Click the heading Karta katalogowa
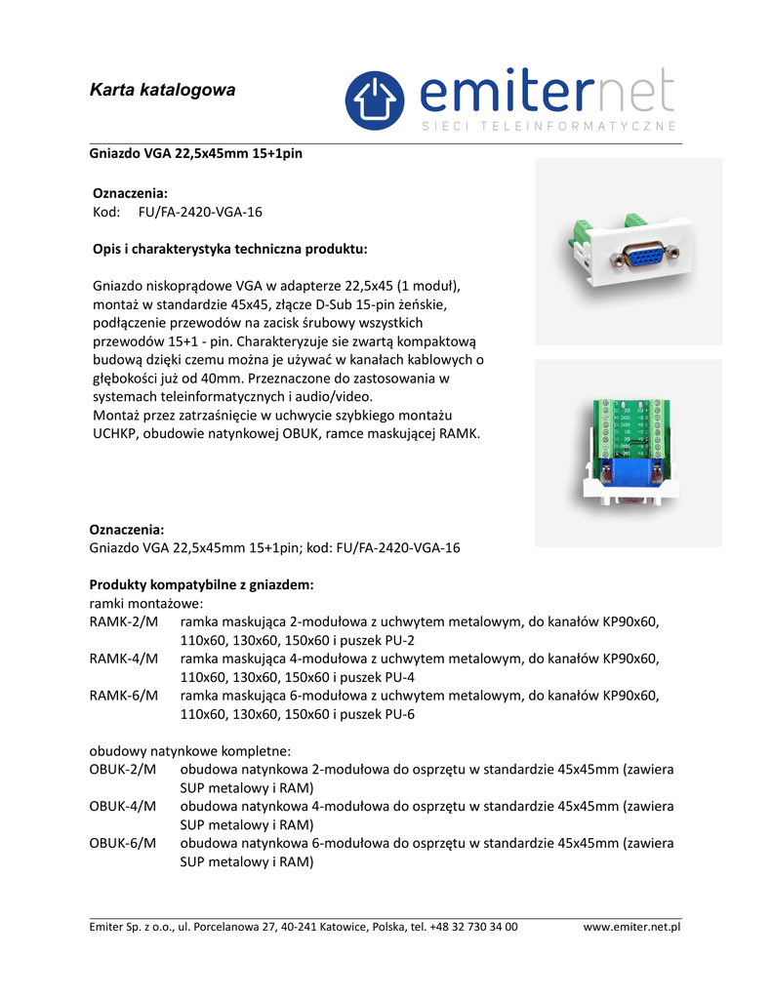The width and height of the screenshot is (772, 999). click(x=163, y=91)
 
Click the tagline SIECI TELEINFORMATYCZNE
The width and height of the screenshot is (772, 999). click(x=549, y=127)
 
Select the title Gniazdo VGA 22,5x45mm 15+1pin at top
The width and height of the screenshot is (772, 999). click(x=196, y=154)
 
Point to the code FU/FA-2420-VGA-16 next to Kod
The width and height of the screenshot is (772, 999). click(x=200, y=212)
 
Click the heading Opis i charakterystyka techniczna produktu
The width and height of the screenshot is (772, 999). click(x=229, y=249)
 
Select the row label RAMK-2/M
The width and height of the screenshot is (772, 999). click(x=123, y=621)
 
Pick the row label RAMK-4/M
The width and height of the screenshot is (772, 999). click(x=123, y=659)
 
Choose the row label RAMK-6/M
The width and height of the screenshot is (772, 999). click(x=123, y=696)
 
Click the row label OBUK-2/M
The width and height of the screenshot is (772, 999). click(x=123, y=770)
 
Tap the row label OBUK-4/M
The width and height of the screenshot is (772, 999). click(x=123, y=807)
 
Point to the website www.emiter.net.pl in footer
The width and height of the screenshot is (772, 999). click(x=631, y=927)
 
